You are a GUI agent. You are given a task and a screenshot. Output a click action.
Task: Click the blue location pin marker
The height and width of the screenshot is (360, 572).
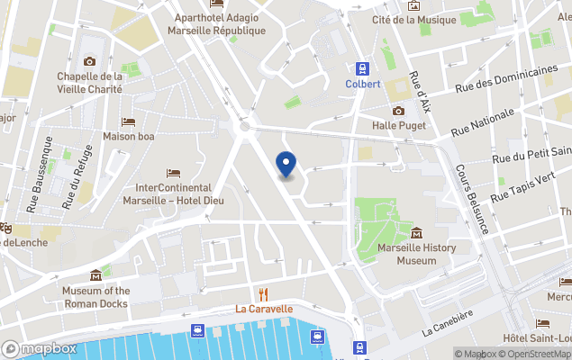click(286, 165)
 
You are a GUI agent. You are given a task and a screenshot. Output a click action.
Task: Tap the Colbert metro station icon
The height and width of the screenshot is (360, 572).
click(363, 68)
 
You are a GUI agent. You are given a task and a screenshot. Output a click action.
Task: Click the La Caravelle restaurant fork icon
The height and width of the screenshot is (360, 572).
click(264, 293)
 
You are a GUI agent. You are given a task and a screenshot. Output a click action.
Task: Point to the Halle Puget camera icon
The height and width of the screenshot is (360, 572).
click(398, 111)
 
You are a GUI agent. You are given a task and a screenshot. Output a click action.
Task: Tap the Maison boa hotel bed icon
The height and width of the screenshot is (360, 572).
click(128, 122)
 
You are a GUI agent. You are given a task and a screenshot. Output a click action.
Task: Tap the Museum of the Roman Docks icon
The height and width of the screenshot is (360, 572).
click(95, 275)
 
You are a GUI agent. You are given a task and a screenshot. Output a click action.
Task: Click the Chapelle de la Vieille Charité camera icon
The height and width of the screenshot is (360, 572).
click(89, 61)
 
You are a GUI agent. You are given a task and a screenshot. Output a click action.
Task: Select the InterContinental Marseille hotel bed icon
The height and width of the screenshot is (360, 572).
click(173, 173)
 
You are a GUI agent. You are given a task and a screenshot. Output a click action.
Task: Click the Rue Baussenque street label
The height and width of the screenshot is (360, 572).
click(39, 186)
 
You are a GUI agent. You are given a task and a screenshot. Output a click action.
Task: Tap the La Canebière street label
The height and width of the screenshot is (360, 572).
click(446, 325)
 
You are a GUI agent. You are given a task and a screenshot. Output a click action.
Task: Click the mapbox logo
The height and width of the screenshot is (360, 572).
click(40, 348)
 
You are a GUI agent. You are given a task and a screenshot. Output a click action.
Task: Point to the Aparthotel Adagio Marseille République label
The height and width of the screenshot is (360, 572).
click(220, 24)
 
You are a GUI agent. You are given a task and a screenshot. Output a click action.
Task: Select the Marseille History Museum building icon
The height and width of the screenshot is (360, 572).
click(416, 233)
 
